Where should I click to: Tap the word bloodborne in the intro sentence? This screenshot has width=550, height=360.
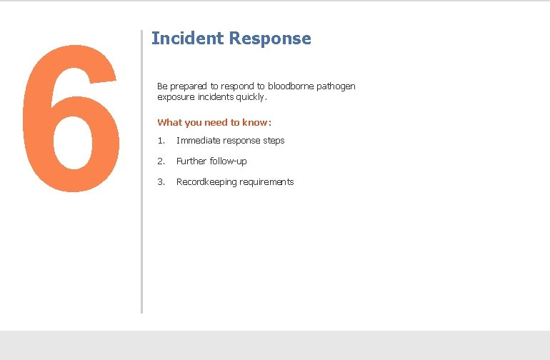[291, 86]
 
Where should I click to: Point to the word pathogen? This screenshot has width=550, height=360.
[336, 86]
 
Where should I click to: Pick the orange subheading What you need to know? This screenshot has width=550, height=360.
[214, 123]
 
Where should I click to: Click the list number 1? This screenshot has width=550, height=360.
[161, 141]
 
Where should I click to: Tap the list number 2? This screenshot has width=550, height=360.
[161, 161]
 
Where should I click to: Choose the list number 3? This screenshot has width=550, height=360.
[161, 182]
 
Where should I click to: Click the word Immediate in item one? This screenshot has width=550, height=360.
[198, 141]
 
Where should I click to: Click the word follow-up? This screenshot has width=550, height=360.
[228, 161]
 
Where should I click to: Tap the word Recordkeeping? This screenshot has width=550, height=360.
[206, 182]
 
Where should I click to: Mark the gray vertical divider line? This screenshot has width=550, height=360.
[141, 171]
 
